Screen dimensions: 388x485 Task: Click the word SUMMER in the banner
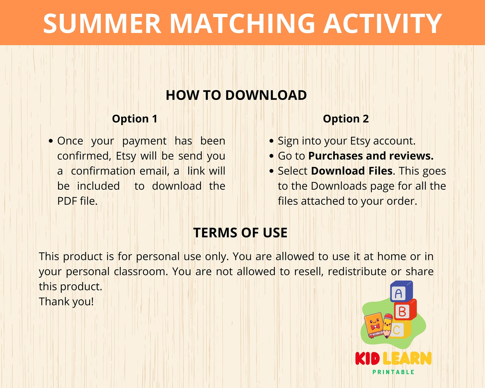point(102,24)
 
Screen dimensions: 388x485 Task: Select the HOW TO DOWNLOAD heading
point(236,95)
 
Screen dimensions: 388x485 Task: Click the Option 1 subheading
point(135,119)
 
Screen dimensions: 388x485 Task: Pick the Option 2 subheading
point(346,119)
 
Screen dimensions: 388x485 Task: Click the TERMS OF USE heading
point(240,233)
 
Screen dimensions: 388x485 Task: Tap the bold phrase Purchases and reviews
point(371,156)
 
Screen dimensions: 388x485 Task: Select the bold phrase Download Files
point(352,171)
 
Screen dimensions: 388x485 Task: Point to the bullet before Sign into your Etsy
point(272,141)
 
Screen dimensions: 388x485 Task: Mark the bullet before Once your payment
point(51,141)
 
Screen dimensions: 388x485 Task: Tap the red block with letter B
point(404,311)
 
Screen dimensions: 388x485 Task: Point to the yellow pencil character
point(388,325)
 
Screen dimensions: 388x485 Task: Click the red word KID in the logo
point(367,359)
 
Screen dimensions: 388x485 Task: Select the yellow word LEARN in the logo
point(407,359)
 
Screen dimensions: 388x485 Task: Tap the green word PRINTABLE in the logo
point(393,372)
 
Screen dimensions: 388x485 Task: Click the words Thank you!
point(66,302)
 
